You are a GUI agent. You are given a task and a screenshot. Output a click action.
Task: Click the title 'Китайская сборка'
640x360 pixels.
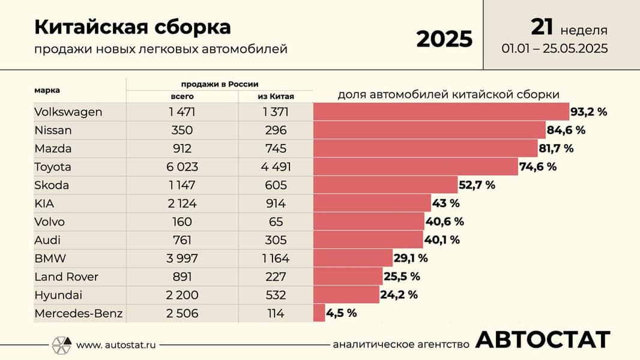[132, 28]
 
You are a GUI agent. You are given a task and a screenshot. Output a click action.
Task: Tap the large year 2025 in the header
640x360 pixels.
[444, 39]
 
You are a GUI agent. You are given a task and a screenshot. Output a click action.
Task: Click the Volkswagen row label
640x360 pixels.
[68, 112]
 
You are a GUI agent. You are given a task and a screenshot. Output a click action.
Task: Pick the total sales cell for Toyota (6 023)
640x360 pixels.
[182, 167]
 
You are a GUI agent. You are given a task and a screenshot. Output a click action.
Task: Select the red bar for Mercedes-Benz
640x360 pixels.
[319, 313]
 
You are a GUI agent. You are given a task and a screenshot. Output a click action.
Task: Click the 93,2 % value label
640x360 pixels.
[589, 112]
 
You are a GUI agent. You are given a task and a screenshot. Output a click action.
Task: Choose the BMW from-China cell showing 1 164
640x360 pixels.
[276, 259]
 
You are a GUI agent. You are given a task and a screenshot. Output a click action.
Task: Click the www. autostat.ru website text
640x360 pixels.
[116, 344]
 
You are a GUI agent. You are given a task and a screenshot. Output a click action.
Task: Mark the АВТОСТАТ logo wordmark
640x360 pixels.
[543, 340]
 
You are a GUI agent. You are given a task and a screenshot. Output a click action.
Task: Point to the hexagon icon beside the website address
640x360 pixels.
[61, 344]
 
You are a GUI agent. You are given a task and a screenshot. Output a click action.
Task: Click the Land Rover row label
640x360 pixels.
[67, 277]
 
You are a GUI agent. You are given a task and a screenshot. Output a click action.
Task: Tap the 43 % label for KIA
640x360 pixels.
[446, 203]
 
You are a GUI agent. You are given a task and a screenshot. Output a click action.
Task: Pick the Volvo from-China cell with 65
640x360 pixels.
[276, 222]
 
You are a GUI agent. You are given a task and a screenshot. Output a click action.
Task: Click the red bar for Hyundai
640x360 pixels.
[346, 295]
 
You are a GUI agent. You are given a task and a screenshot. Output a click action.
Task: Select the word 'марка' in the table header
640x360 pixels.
[47, 91]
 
